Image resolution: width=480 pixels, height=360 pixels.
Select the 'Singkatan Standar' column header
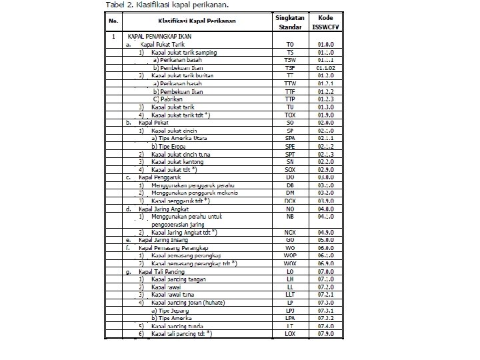click(x=290, y=21)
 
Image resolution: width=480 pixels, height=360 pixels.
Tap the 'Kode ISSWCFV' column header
click(x=326, y=21)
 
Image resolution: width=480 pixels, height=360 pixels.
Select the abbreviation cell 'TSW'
click(x=290, y=59)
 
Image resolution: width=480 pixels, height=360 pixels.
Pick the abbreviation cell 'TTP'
click(x=290, y=99)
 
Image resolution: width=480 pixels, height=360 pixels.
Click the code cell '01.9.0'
click(x=326, y=115)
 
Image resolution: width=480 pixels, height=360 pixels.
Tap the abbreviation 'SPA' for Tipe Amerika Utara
click(x=290, y=138)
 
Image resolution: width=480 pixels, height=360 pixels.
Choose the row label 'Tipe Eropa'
click(x=172, y=146)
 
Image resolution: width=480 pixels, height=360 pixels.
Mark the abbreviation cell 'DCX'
click(x=290, y=201)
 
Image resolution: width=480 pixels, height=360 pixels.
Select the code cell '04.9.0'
click(x=326, y=232)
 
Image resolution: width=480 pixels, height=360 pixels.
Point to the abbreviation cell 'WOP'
click(x=290, y=255)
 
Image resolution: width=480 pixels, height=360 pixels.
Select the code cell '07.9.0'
click(x=326, y=333)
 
